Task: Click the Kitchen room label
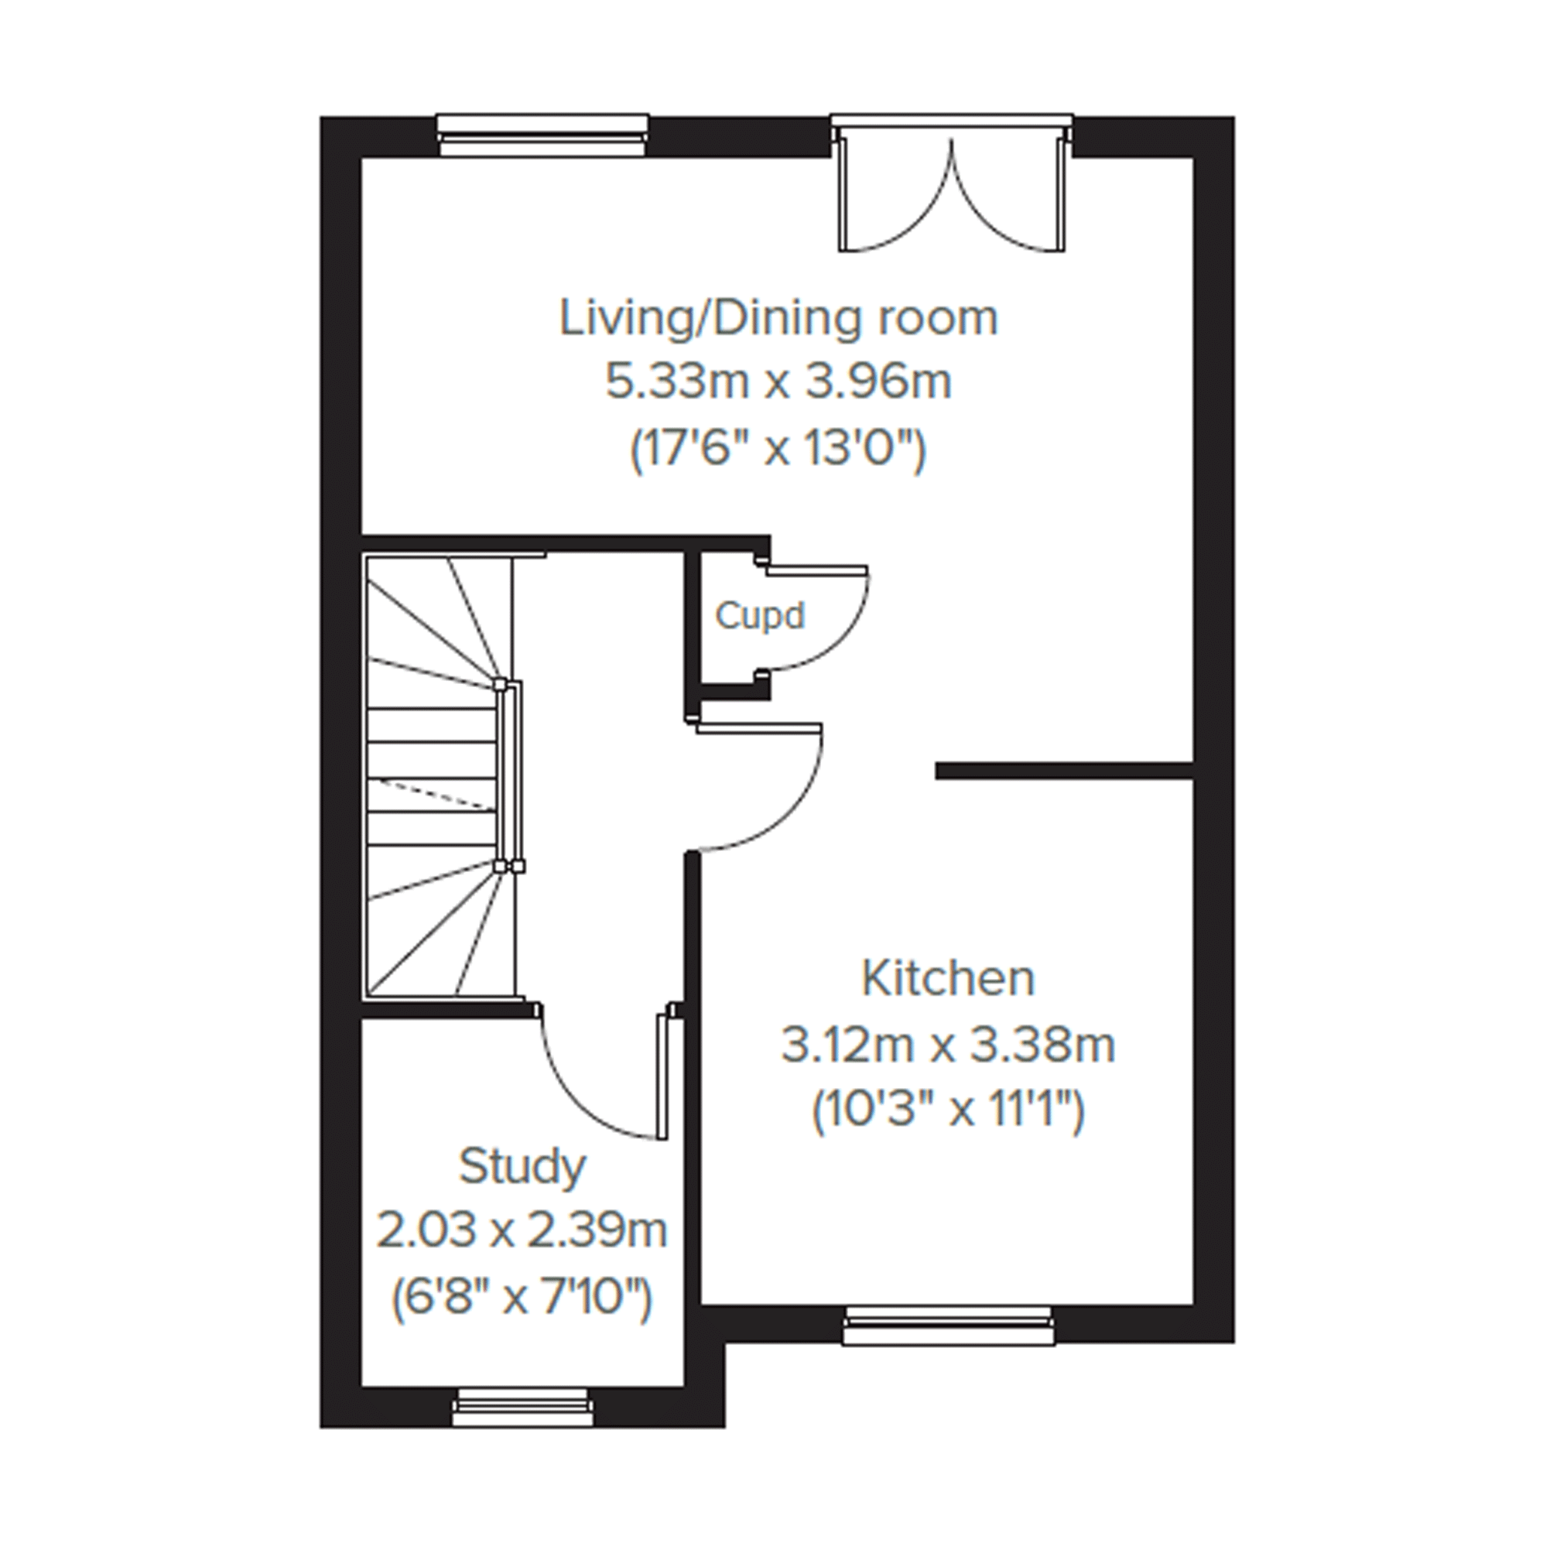pos(948,979)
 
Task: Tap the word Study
pos(522,1168)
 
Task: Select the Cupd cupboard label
pos(759,617)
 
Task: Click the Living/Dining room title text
pos(778,317)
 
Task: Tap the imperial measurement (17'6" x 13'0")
pos(778,449)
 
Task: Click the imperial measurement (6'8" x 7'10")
pos(522,1298)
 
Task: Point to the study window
pos(522,1408)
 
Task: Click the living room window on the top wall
pos(542,135)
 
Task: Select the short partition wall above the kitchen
pos(1064,771)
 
